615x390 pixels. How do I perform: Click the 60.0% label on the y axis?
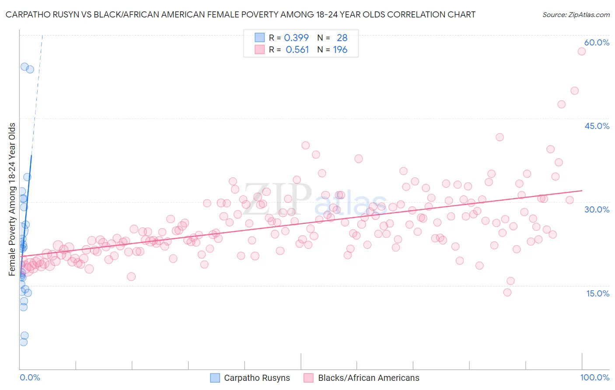click(x=597, y=42)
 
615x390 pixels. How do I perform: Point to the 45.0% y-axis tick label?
click(x=597, y=126)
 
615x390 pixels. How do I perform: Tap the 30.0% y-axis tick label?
click(x=597, y=209)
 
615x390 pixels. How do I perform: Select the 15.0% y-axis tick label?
click(x=598, y=293)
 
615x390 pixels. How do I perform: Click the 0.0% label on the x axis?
click(x=30, y=377)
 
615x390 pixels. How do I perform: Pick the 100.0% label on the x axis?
click(x=594, y=377)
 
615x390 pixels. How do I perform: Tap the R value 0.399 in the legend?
click(x=296, y=38)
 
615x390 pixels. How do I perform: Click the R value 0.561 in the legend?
click(x=297, y=50)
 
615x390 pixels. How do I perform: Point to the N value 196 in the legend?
click(x=340, y=50)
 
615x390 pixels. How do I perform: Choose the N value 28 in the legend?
click(x=342, y=38)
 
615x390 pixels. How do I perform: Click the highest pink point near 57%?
click(x=581, y=51)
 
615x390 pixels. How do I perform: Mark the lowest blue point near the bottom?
click(x=24, y=342)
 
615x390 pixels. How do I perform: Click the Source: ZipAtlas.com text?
click(x=576, y=15)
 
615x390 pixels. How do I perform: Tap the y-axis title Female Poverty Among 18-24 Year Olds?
click(x=12, y=199)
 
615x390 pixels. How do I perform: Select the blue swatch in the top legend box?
click(x=259, y=38)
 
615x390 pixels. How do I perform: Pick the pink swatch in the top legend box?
click(x=259, y=50)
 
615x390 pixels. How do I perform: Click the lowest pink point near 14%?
click(x=507, y=292)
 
